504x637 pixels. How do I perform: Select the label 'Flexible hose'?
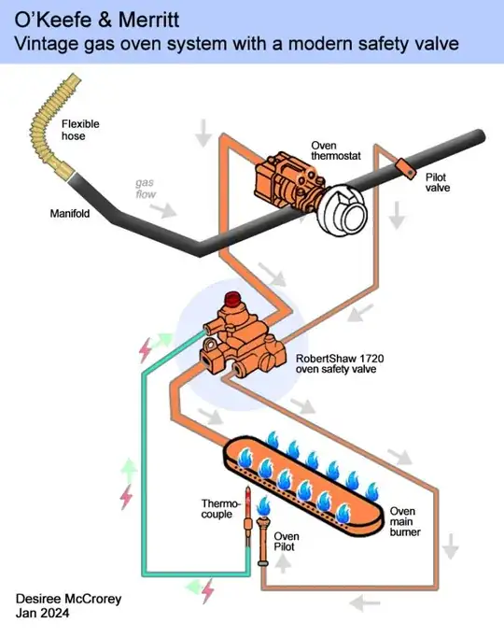pyautogui.click(x=80, y=131)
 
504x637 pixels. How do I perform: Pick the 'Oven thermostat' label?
pyautogui.click(x=337, y=153)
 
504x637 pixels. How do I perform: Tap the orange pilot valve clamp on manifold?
pyautogui.click(x=403, y=165)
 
